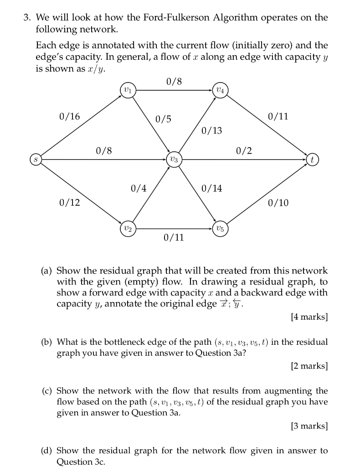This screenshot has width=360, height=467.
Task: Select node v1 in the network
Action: [127, 89]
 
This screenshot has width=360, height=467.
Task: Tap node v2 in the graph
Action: [127, 228]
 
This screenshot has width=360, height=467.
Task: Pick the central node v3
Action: [174, 160]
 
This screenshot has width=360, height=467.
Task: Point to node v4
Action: [220, 89]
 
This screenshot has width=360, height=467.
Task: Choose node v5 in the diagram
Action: [220, 228]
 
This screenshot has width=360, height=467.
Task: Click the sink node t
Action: [312, 160]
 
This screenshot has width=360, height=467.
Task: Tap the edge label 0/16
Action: [69, 116]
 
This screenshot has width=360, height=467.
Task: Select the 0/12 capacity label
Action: [69, 202]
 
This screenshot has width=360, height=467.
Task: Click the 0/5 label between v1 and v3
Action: [163, 119]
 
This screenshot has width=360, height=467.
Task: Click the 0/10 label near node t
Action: [278, 202]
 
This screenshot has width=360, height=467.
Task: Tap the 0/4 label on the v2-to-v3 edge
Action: [139, 188]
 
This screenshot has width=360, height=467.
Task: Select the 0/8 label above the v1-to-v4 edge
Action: [174, 82]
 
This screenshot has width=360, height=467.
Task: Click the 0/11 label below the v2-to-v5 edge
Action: [174, 237]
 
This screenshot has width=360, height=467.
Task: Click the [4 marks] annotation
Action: [309, 317]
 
